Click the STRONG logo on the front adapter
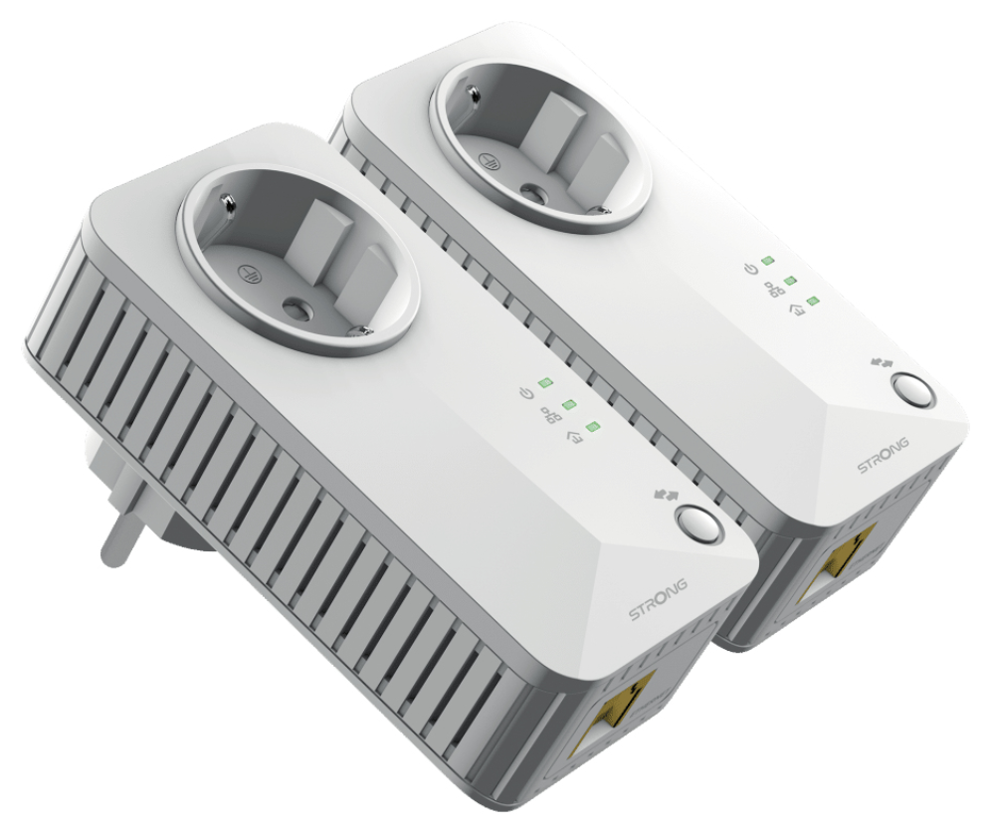[x=658, y=599]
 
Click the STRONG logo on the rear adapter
[x=883, y=454]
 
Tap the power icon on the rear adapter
[x=749, y=270]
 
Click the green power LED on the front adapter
[x=544, y=382]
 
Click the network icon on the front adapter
[x=548, y=415]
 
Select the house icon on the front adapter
[x=572, y=437]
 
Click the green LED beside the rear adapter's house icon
[x=812, y=301]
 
